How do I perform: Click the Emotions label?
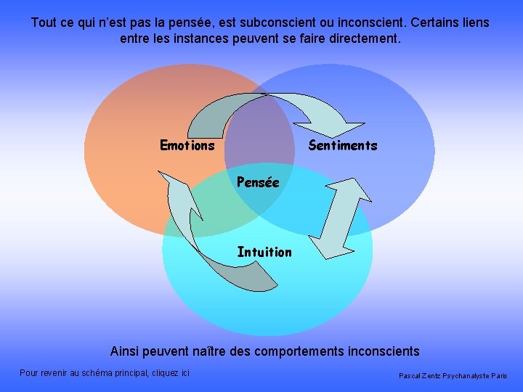[187, 145]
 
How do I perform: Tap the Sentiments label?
[343, 145]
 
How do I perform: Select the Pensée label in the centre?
[258, 182]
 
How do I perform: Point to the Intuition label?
[264, 252]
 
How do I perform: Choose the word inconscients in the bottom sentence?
[382, 351]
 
